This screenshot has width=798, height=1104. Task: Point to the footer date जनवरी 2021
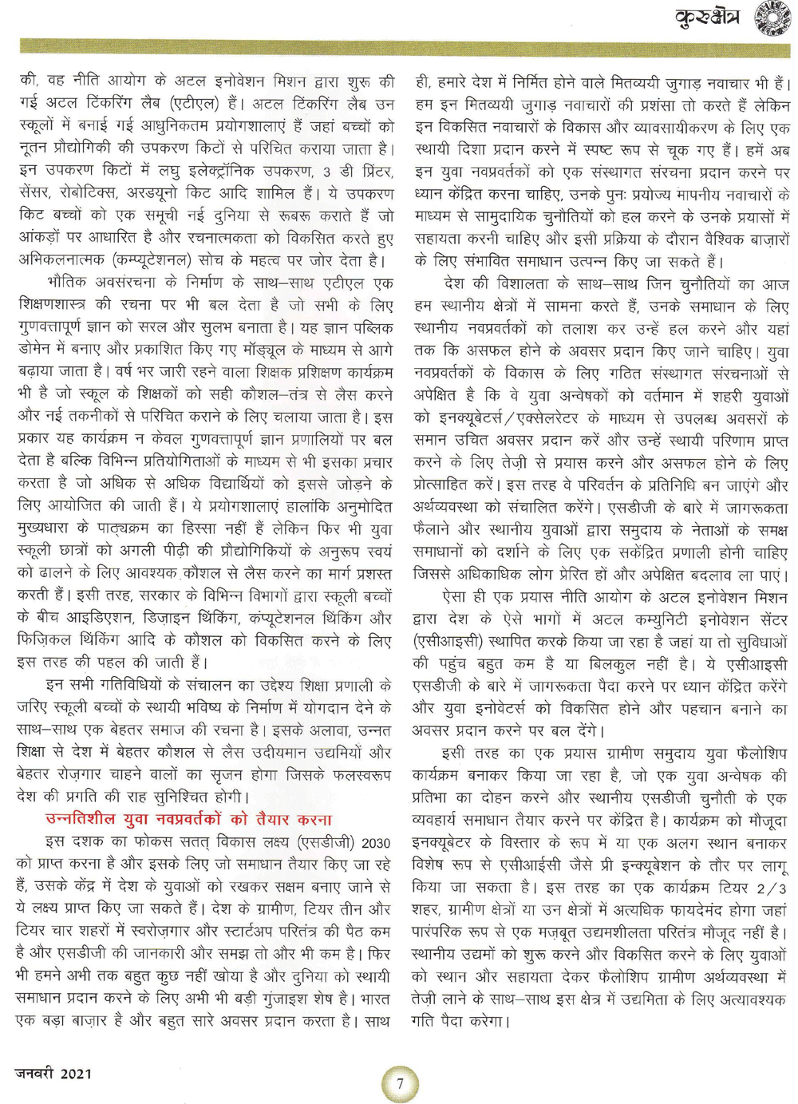(x=53, y=1074)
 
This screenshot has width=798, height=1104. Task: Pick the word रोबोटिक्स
(x=99, y=193)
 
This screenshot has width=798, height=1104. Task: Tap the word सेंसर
(x=36, y=193)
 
